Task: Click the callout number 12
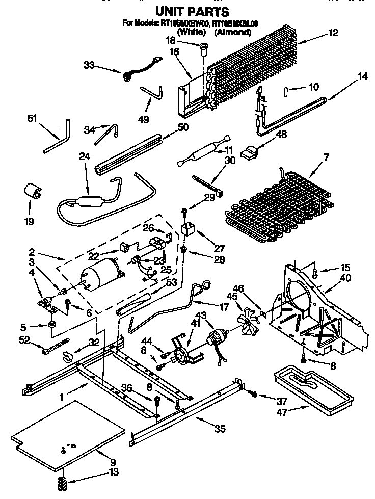(333, 34)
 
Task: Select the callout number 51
(33, 119)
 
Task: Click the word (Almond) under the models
(232, 32)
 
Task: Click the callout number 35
(220, 429)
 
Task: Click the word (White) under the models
(191, 32)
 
